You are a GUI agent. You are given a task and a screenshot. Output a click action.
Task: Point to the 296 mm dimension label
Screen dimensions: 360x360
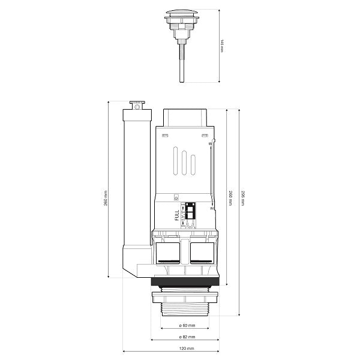(242, 198)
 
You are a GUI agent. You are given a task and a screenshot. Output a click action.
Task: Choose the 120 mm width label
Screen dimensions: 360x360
(187, 348)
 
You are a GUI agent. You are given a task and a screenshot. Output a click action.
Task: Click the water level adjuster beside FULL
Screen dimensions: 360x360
(190, 215)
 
